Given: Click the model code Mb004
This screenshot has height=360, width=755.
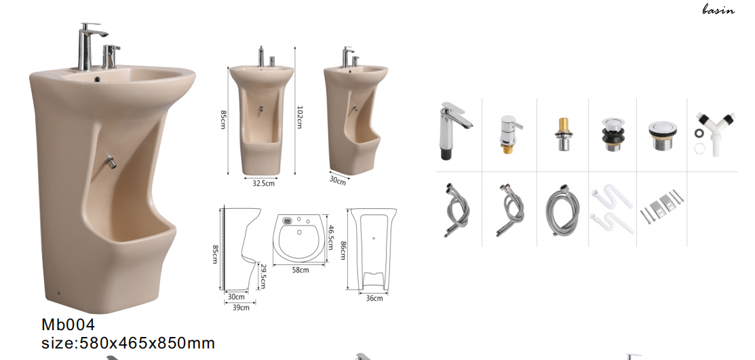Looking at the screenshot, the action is pyautogui.click(x=68, y=324).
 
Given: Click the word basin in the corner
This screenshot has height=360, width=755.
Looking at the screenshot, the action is pyautogui.click(x=718, y=9).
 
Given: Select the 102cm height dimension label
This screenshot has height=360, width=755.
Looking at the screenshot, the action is pyautogui.click(x=299, y=117).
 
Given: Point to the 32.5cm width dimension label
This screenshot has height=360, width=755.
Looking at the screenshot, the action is pyautogui.click(x=263, y=183).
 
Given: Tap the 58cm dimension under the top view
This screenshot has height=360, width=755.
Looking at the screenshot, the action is pyautogui.click(x=301, y=270).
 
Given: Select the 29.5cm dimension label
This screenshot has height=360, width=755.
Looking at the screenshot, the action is pyautogui.click(x=263, y=276).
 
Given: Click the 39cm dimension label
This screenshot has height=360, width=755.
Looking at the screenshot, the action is pyautogui.click(x=241, y=308).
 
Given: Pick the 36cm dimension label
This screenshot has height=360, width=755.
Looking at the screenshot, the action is pyautogui.click(x=374, y=298).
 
